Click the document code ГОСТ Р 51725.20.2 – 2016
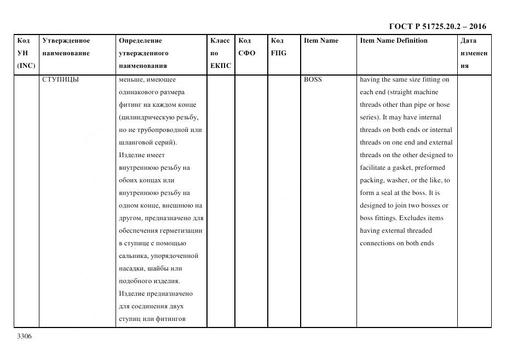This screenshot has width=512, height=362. click(x=438, y=26)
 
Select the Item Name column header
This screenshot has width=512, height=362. click(x=321, y=41)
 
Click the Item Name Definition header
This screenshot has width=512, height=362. click(x=393, y=41)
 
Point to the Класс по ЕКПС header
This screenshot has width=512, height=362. click(x=220, y=53)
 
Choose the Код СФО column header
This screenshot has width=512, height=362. click(x=246, y=47)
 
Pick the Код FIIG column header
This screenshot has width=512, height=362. click(x=278, y=47)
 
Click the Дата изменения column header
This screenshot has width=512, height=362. click(x=473, y=53)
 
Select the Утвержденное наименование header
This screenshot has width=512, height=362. click(x=66, y=47)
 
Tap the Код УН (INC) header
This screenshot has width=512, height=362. click(x=25, y=53)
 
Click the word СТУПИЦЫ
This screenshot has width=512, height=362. click(x=60, y=79)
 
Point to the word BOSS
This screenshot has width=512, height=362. click(x=313, y=79)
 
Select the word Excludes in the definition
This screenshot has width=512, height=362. click(x=412, y=218)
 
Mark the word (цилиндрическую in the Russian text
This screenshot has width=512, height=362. click(x=143, y=117)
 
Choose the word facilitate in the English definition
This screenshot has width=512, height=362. click(x=373, y=168)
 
